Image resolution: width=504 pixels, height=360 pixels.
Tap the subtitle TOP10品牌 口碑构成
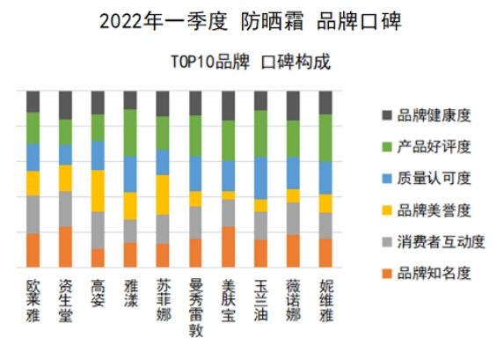coord(251,62)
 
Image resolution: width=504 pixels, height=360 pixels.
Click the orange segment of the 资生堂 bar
coord(66,246)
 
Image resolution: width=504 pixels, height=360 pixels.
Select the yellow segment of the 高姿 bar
coord(99,190)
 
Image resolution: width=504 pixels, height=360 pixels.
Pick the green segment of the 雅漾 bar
coord(131,132)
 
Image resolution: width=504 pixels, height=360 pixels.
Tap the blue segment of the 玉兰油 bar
coord(261,178)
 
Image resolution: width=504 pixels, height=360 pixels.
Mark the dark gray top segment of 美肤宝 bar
coord(229,105)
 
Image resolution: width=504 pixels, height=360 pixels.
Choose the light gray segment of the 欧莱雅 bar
coord(33,214)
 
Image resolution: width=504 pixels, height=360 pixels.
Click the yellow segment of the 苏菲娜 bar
coord(164,195)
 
